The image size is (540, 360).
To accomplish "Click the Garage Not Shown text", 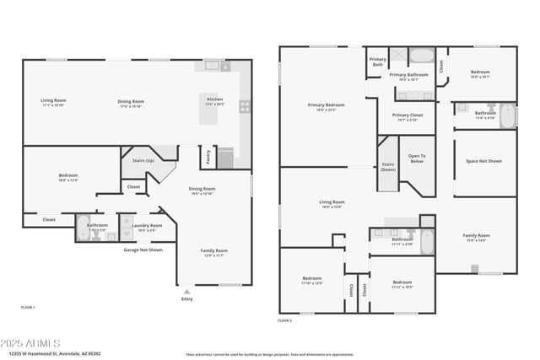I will click(143, 250).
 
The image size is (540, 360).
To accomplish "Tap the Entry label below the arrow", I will click(186, 299).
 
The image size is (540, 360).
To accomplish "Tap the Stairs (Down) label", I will click(388, 167).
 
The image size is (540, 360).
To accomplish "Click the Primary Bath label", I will click(377, 62).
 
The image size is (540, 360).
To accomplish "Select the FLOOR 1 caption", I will click(28, 308).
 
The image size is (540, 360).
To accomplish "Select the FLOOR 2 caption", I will click(285, 321).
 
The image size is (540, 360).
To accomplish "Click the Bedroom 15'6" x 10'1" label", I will click(480, 74).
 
